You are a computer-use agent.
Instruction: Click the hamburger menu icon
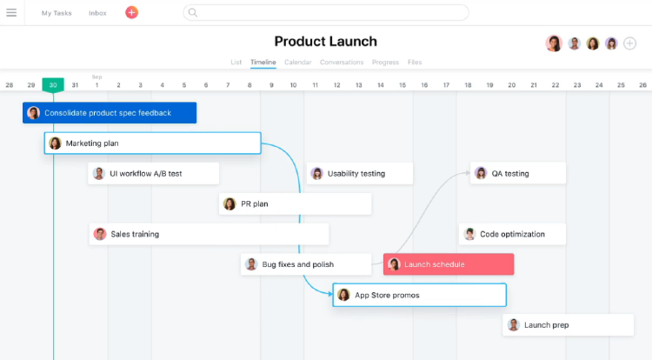pyautogui.click(x=11, y=13)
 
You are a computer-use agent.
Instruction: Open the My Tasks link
pyautogui.click(x=57, y=13)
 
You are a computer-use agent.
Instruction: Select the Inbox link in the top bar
pyautogui.click(x=97, y=13)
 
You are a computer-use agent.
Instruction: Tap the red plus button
pyautogui.click(x=131, y=12)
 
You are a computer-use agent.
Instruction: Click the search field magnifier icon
pyautogui.click(x=193, y=13)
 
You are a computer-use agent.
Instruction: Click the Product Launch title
pyautogui.click(x=325, y=42)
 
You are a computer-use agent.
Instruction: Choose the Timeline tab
pyautogui.click(x=263, y=63)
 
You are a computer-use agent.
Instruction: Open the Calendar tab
pyautogui.click(x=297, y=63)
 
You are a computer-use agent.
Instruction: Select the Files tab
pyautogui.click(x=415, y=63)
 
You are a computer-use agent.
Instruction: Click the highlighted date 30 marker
pyautogui.click(x=53, y=84)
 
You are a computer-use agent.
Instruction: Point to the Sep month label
pyautogui.click(x=96, y=77)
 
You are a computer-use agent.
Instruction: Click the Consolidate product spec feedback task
pyautogui.click(x=110, y=113)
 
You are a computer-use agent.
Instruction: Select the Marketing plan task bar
pyautogui.click(x=152, y=143)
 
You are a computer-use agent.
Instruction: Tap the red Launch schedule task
pyautogui.click(x=448, y=264)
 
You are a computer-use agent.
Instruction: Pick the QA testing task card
pyautogui.click(x=518, y=173)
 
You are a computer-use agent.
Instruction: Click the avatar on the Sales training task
pyautogui.click(x=100, y=234)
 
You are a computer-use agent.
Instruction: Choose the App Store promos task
pyautogui.click(x=419, y=295)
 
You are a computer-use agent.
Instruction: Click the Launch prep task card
pyautogui.click(x=568, y=325)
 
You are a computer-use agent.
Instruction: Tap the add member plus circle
pyautogui.click(x=630, y=43)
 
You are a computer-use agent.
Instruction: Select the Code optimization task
pyautogui.click(x=512, y=234)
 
